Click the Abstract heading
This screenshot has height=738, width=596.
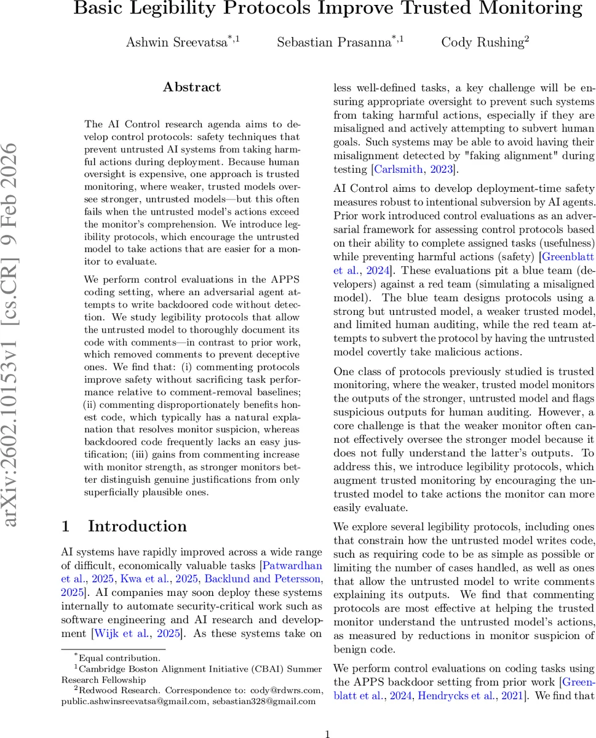[x=192, y=87]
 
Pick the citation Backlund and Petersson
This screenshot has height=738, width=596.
[x=264, y=579]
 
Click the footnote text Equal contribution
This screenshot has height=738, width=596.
[x=117, y=657]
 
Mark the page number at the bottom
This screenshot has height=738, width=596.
[x=328, y=733]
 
